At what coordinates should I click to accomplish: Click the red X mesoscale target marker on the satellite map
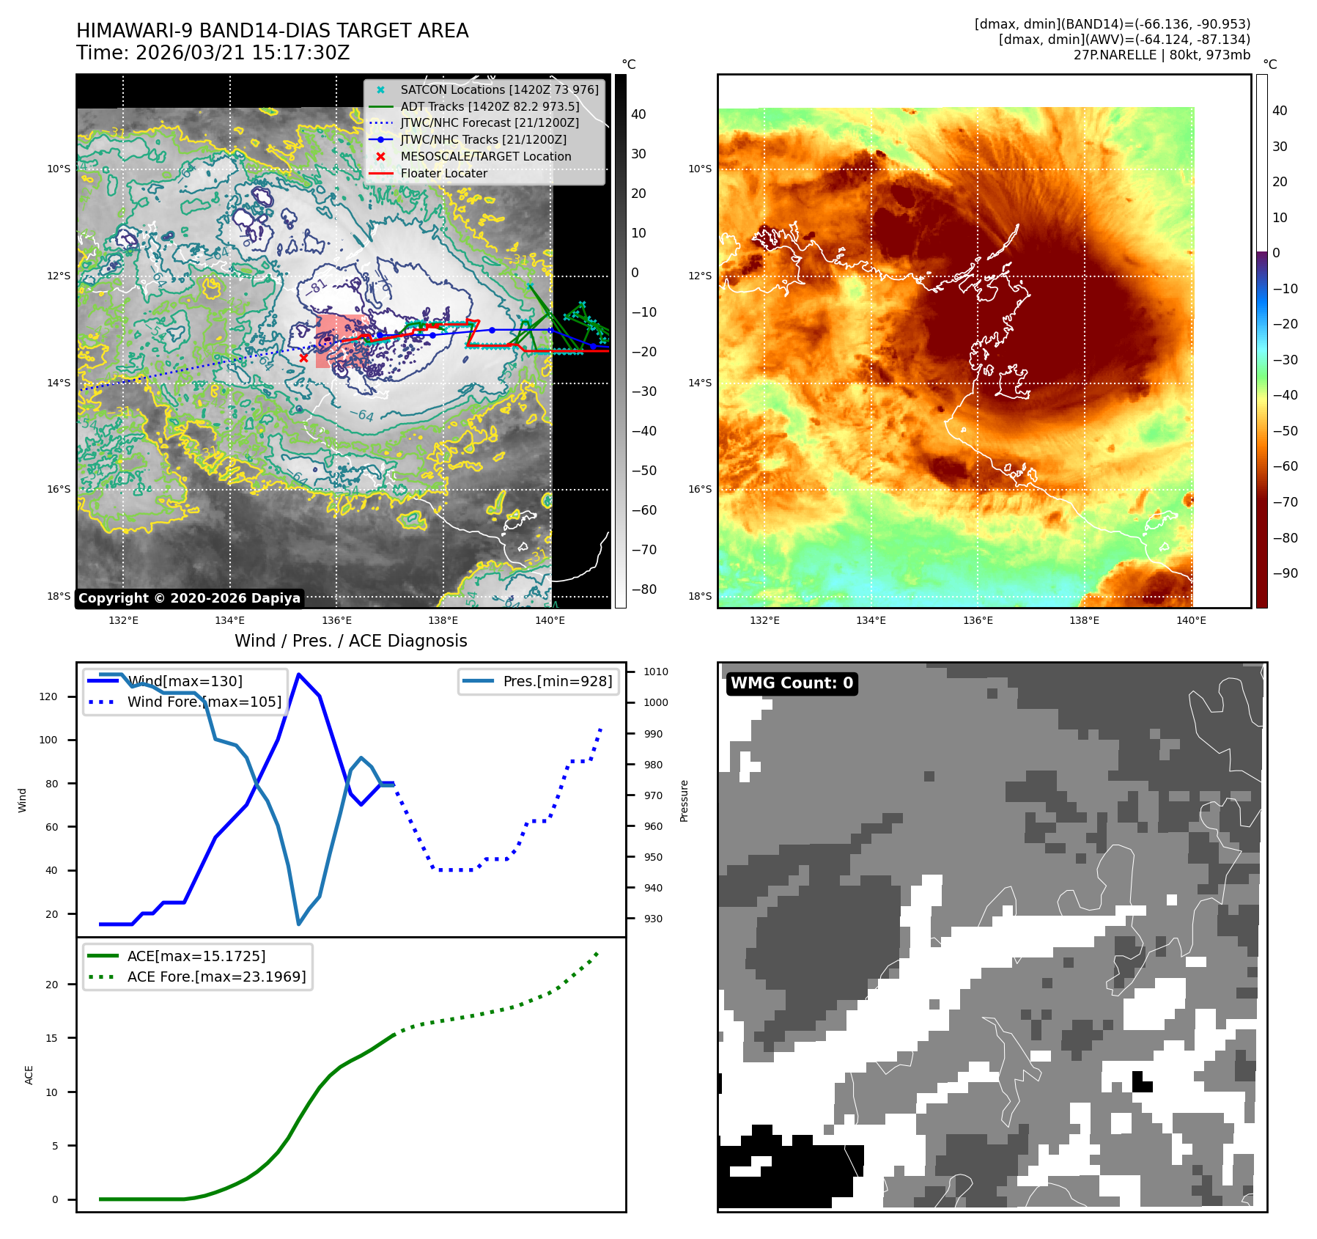(x=303, y=358)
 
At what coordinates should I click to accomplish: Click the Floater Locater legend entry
(x=443, y=174)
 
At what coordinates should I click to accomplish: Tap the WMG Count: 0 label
(x=792, y=683)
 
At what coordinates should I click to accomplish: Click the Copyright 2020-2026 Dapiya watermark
(x=189, y=598)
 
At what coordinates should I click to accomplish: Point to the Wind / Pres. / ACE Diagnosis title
(x=350, y=641)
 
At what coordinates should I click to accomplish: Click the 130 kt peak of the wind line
(x=298, y=674)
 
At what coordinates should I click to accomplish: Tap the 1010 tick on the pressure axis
(x=656, y=672)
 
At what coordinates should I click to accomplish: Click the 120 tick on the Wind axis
(x=48, y=696)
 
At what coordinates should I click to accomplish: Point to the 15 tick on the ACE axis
(x=51, y=1038)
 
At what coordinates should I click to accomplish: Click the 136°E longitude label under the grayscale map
(x=336, y=620)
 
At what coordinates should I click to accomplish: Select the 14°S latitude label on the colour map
(x=699, y=383)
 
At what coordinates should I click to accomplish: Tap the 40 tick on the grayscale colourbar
(x=638, y=114)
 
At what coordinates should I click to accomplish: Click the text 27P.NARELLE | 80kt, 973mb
(x=1162, y=55)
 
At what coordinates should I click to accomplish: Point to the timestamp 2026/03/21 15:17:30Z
(x=243, y=54)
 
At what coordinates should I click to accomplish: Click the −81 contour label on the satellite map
(x=317, y=286)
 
